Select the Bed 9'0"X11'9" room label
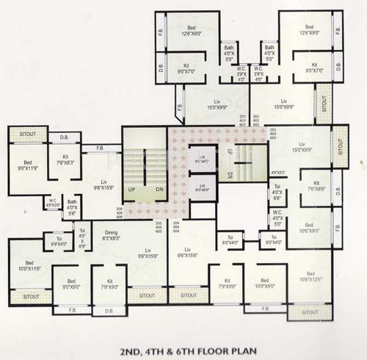click(x=28, y=166)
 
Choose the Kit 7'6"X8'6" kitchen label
click(x=316, y=186)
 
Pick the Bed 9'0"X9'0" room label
click(x=70, y=283)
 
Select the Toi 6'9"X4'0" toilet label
click(x=58, y=240)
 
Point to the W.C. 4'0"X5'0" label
click(x=277, y=217)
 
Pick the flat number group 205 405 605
click(x=157, y=226)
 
